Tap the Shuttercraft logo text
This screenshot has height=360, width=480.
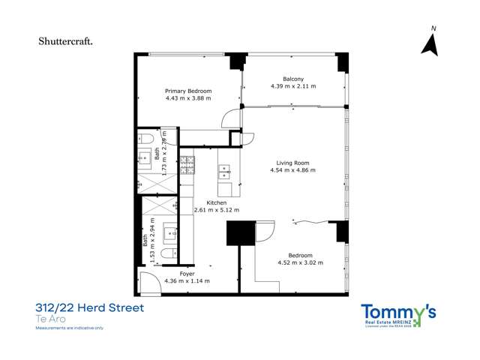tap(66, 41)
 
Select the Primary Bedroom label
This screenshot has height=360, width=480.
tap(188, 91)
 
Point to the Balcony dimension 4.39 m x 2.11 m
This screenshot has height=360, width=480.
tap(293, 86)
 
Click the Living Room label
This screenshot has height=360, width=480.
tap(292, 163)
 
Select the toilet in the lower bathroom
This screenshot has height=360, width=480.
tap(169, 252)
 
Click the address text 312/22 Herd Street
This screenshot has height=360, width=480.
tap(89, 307)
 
